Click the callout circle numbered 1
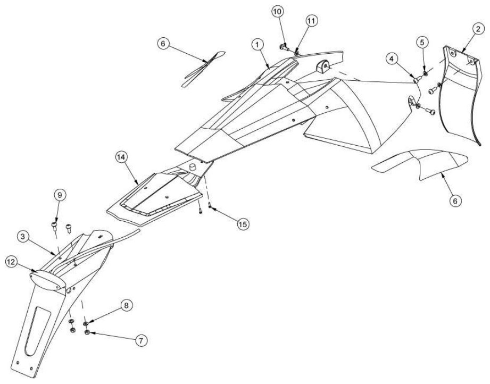pyautogui.click(x=258, y=45)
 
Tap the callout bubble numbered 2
pyautogui.click(x=478, y=29)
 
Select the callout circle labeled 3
pyautogui.click(x=23, y=237)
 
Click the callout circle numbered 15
pyautogui.click(x=243, y=224)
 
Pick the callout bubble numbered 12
pyautogui.click(x=11, y=262)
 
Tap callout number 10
pyautogui.click(x=277, y=12)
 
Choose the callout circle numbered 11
pyautogui.click(x=311, y=21)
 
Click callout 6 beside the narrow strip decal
pyautogui.click(x=163, y=44)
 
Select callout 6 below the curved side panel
pyautogui.click(x=455, y=201)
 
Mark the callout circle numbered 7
pyautogui.click(x=141, y=340)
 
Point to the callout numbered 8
pyautogui.click(x=126, y=305)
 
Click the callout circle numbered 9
pyautogui.click(x=60, y=195)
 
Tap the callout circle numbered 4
pyautogui.click(x=392, y=59)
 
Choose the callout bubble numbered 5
pyautogui.click(x=422, y=42)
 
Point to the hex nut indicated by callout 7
pyautogui.click(x=87, y=332)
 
